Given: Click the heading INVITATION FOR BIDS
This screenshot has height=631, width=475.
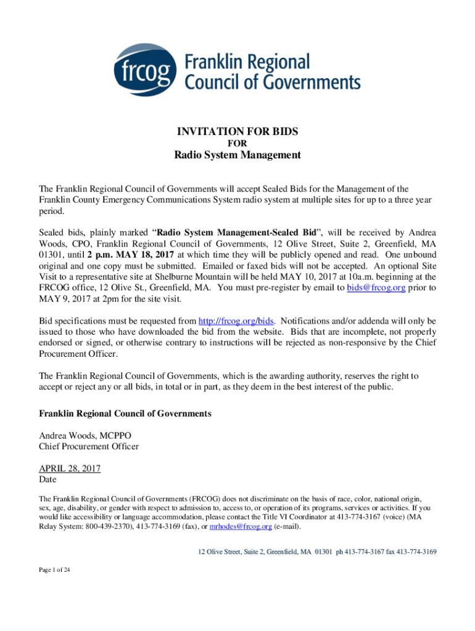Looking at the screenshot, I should pyautogui.click(x=238, y=131).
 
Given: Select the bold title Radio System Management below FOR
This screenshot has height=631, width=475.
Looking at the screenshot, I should pyautogui.click(x=238, y=155).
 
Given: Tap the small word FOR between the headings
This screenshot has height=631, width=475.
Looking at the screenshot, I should pyautogui.click(x=238, y=143).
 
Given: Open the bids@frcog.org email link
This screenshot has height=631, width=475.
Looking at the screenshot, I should pyautogui.click(x=376, y=288).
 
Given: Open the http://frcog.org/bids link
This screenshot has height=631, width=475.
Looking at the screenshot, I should pyautogui.click(x=236, y=321).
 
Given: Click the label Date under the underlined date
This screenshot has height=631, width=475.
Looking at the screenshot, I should pyautogui.click(x=47, y=479).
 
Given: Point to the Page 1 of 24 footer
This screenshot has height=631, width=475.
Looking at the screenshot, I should pyautogui.click(x=54, y=571).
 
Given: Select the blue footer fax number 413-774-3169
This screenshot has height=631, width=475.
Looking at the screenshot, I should pyautogui.click(x=416, y=552).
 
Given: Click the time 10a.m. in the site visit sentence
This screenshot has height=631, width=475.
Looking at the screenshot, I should pyautogui.click(x=331, y=277).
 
